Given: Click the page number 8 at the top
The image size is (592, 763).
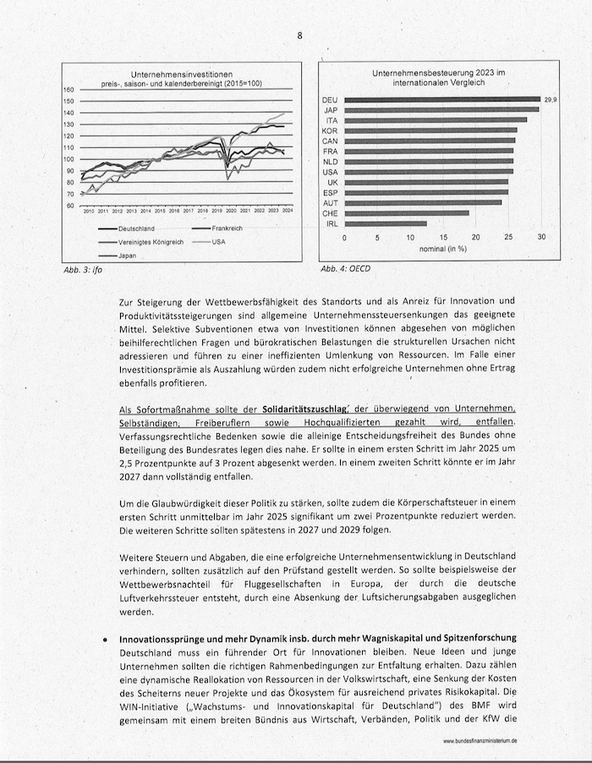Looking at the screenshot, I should pos(299,36).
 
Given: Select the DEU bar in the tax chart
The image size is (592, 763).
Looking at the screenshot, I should pos(441,100).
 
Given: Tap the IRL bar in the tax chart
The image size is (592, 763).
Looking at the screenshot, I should pos(386,223).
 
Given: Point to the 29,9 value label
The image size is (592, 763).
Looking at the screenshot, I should pos(551,100).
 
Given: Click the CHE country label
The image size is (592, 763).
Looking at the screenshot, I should pos(331,213).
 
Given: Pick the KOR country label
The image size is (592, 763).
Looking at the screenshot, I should pos(331,130).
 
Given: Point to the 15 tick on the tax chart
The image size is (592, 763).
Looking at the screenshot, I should pos(443,238).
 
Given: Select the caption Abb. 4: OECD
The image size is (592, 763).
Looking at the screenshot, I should pos(345,269).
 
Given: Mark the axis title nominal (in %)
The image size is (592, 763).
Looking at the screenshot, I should pos(443,249).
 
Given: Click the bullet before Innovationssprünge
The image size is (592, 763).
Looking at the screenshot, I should pos(103,636).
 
